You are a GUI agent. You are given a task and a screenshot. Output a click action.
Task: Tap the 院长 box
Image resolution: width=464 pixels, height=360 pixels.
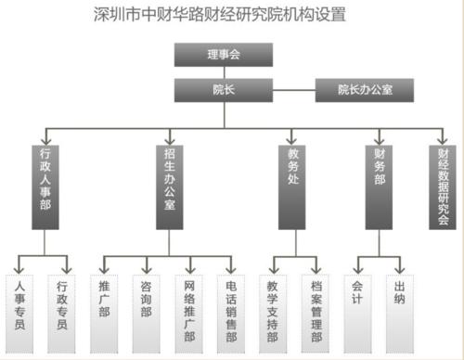pyautogui.click(x=223, y=89)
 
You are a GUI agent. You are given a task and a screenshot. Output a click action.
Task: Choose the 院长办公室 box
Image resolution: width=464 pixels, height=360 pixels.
pyautogui.click(x=365, y=89)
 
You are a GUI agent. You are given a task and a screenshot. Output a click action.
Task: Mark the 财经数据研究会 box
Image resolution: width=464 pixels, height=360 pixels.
pyautogui.click(x=443, y=186)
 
